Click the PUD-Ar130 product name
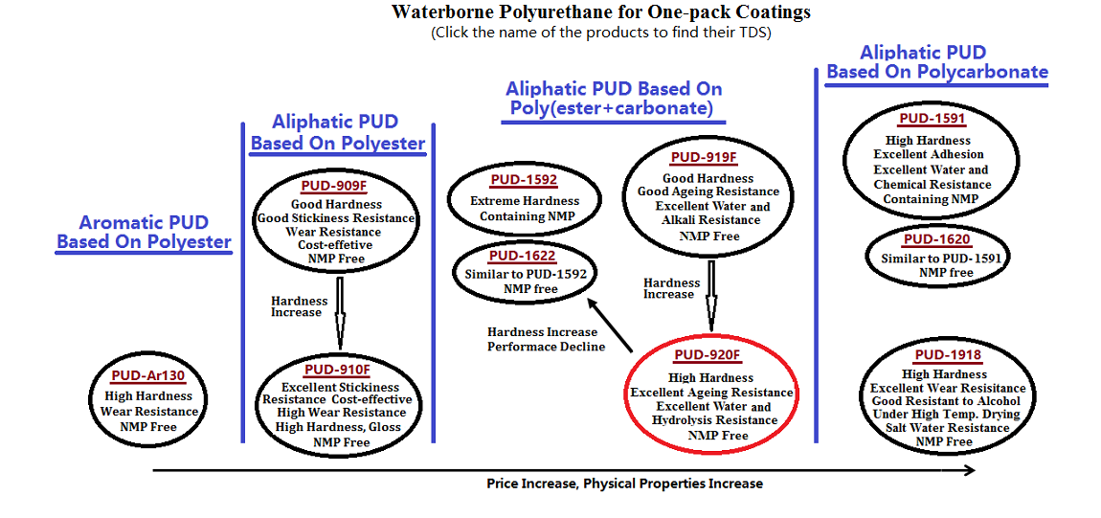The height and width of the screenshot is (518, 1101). [148, 376]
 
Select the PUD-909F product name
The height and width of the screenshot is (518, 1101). [335, 186]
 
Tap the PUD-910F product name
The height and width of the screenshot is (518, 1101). [336, 371]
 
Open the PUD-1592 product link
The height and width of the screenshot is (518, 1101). [523, 180]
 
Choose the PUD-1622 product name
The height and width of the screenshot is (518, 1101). [522, 256]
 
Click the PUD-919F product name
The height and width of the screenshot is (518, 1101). [704, 158]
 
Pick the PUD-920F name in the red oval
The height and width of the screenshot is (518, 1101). [708, 356]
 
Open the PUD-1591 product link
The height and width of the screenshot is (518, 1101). [932, 119]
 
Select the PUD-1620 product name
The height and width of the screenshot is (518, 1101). [936, 239]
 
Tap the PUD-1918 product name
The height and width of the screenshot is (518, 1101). [948, 355]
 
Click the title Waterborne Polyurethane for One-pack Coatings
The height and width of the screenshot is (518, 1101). [600, 12]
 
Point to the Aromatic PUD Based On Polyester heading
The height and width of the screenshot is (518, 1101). [144, 232]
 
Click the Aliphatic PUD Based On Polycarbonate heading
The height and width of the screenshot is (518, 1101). [937, 62]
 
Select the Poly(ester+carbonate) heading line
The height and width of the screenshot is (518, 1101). [612, 109]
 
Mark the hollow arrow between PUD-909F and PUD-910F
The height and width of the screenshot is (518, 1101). [340, 312]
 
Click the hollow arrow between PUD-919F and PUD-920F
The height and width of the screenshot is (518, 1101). [711, 295]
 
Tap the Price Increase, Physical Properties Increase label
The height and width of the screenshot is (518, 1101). [624, 484]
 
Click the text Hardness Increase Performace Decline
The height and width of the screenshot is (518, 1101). [546, 339]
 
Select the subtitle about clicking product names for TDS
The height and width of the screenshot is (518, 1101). [600, 33]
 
